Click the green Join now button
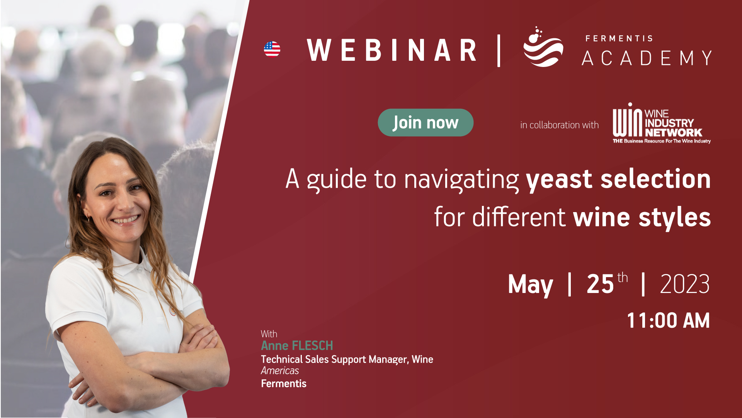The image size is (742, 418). pos(425,123)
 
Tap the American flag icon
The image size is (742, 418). pos(272,49)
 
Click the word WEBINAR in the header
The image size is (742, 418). pos(391,50)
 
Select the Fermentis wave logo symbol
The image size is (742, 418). pos(543,47)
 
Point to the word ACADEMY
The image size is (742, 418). pos(647,58)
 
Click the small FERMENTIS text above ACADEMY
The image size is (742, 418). pos(619,38)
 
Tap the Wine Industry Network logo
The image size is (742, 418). pos(662,123)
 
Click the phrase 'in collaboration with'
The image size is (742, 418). pos(559,125)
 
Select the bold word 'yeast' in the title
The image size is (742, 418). pos(559,180)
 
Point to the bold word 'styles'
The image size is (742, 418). pos(675,218)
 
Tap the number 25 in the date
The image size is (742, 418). pos(600,284)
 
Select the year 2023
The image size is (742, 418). pos(685,284)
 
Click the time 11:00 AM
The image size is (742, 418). pos(668,321)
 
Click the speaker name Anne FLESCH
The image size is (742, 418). pos(297,345)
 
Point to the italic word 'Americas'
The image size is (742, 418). pos(280,371)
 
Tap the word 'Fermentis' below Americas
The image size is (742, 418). pos(284,384)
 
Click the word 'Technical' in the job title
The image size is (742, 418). pos(281,359)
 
